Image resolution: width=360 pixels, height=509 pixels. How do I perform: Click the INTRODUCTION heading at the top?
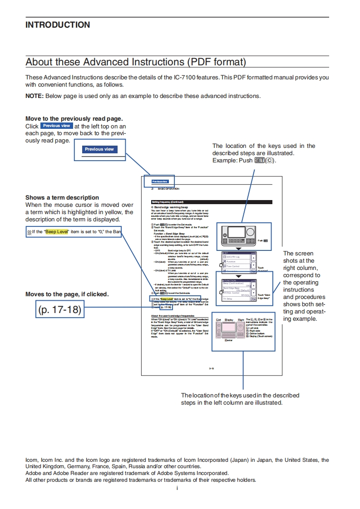[x=58, y=25]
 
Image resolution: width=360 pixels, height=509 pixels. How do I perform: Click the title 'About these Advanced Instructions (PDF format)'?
[x=136, y=62]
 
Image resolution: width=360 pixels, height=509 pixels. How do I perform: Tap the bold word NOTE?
[x=35, y=96]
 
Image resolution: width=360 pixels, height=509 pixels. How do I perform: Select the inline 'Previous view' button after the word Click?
[x=57, y=126]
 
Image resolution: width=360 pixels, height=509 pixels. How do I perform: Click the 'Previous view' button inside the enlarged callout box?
[x=99, y=149]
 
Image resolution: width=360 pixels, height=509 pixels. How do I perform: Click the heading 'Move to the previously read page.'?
[x=74, y=119]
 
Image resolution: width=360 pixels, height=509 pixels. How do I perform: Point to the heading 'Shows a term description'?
[x=62, y=198]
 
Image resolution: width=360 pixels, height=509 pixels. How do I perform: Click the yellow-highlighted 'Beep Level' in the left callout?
[x=57, y=232]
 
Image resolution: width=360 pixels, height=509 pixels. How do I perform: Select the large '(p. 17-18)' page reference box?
[x=59, y=310]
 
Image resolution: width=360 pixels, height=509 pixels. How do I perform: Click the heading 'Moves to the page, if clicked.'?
[x=67, y=294]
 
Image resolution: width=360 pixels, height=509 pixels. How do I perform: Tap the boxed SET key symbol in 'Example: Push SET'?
[x=260, y=161]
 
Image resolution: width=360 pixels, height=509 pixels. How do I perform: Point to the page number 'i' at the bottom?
[x=177, y=488]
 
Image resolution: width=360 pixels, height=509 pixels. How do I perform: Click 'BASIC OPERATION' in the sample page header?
[x=168, y=189]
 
